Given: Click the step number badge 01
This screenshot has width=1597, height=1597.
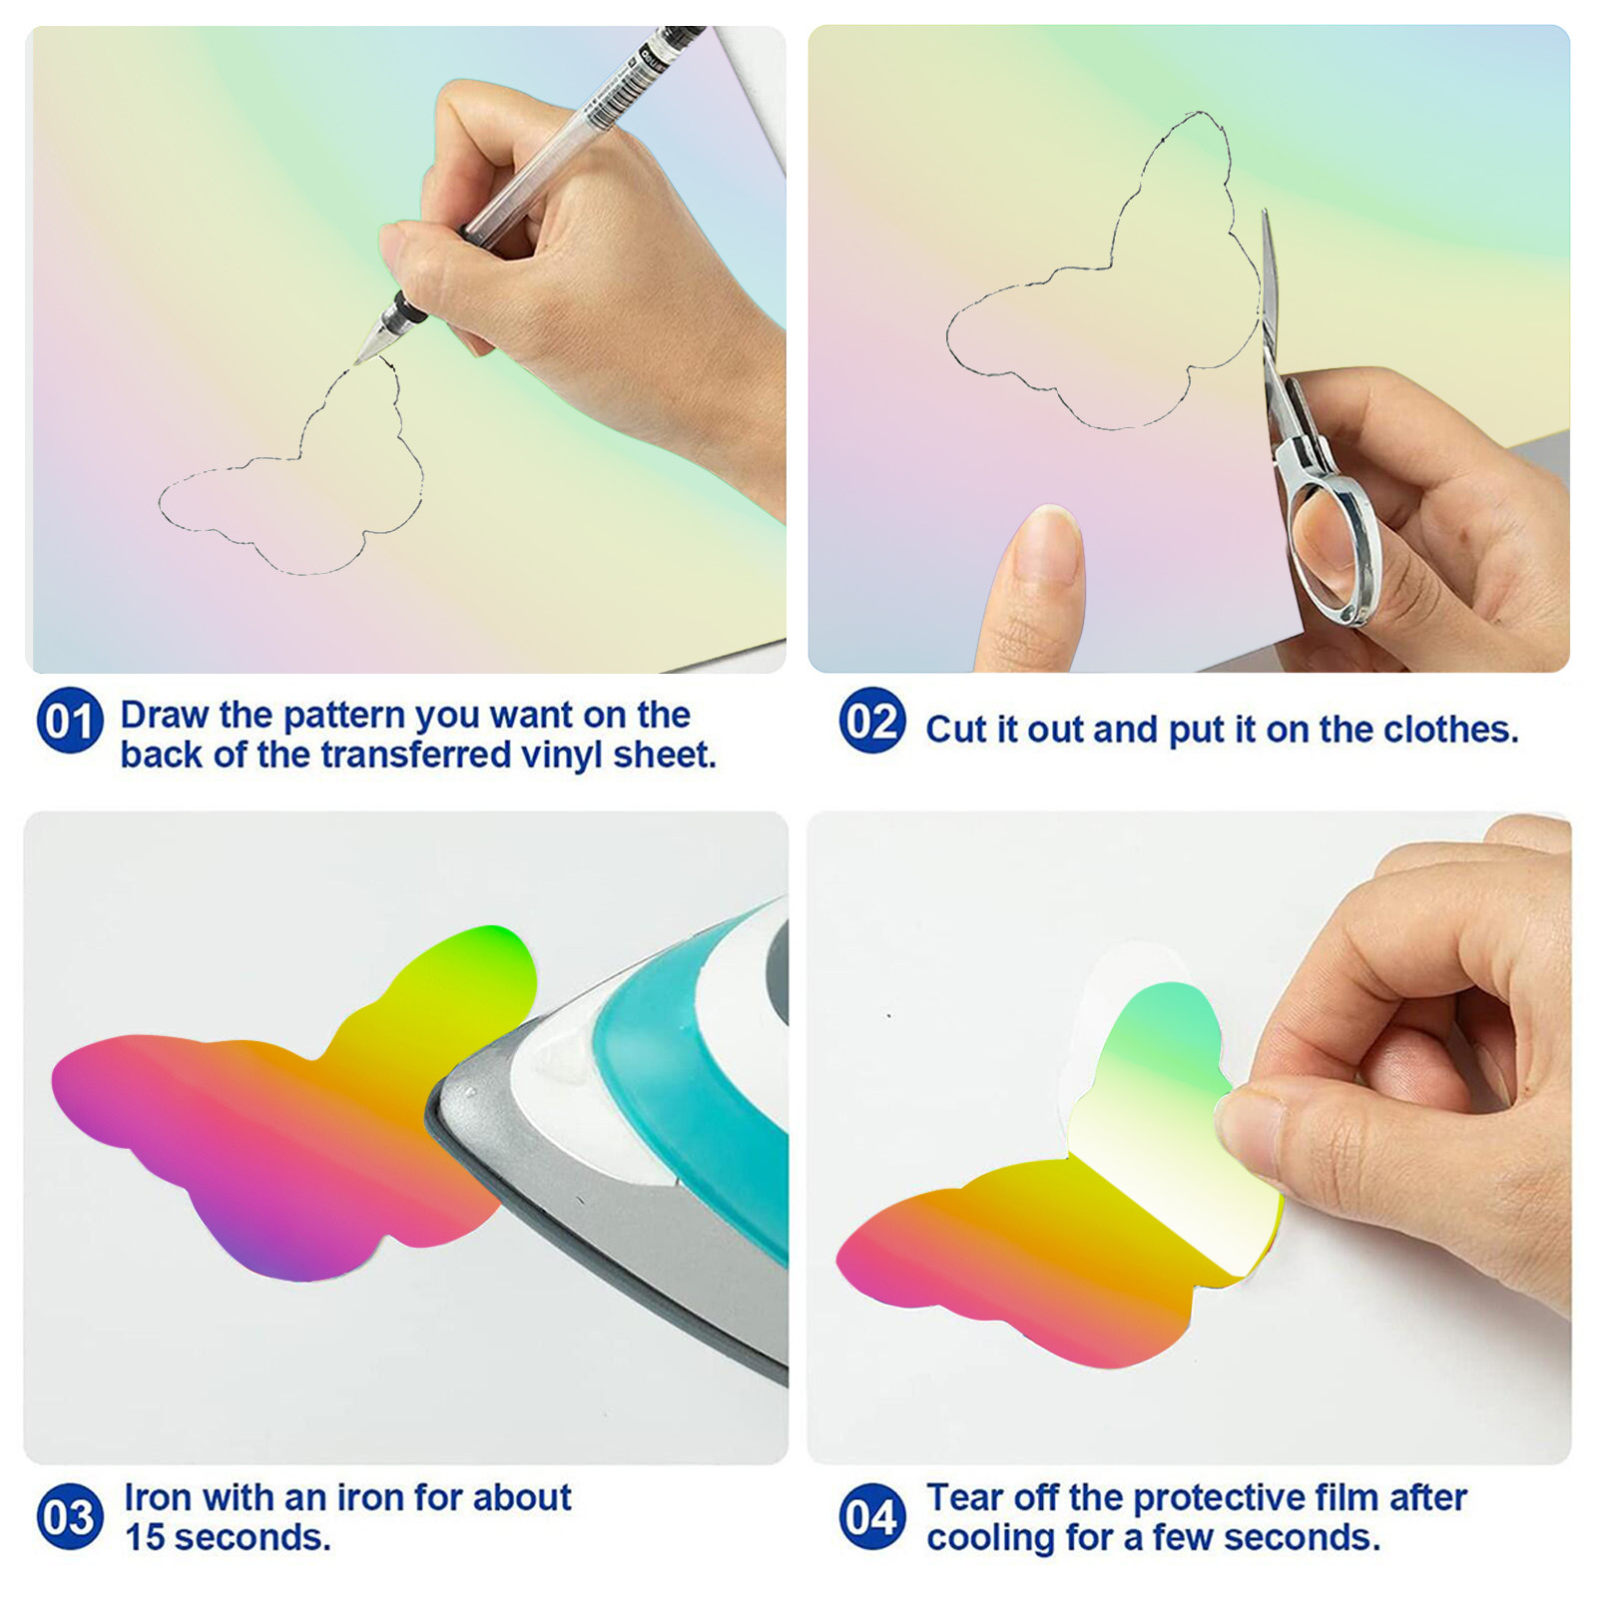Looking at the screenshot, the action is [70, 720].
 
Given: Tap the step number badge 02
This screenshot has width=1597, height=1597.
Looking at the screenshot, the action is [872, 720].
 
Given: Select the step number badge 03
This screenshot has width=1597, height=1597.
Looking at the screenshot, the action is [70, 1516].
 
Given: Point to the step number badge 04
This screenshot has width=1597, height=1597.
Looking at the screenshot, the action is [872, 1516].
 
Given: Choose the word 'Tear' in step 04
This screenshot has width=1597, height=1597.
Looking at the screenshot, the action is [960, 1497].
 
